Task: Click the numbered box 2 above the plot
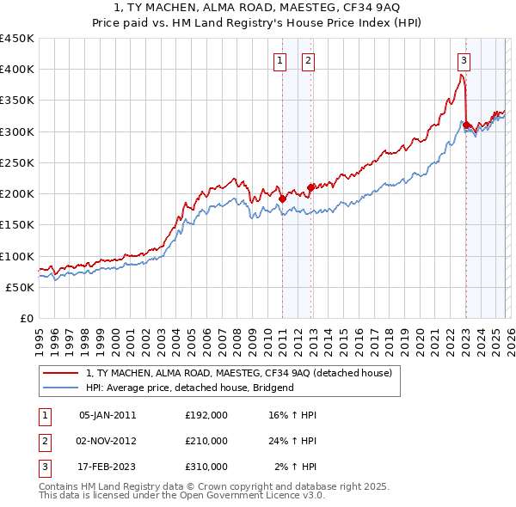[308, 60]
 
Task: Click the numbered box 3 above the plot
[464, 60]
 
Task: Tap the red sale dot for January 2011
[282, 199]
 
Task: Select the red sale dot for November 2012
[310, 187]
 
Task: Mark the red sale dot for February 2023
[466, 125]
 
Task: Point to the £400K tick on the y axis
[17, 70]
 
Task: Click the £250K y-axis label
[17, 163]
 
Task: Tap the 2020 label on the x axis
[419, 338]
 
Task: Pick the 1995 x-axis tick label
[39, 338]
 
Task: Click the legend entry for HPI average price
[189, 388]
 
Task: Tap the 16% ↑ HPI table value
[292, 414]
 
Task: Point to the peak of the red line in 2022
[462, 75]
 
